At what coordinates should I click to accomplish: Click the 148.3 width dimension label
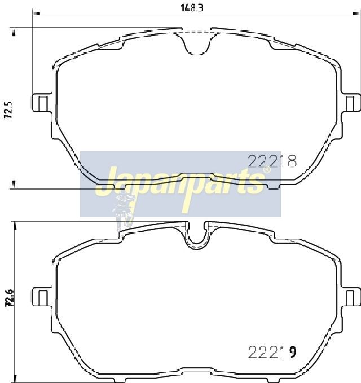click(192, 8)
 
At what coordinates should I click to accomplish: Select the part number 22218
click(272, 161)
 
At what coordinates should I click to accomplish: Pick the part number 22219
click(272, 352)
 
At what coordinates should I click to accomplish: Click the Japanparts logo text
click(180, 185)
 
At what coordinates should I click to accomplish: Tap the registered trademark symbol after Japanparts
click(267, 170)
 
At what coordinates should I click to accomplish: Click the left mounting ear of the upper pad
click(42, 103)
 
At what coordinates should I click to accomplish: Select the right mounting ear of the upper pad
click(351, 103)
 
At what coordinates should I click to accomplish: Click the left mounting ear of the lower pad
click(42, 297)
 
